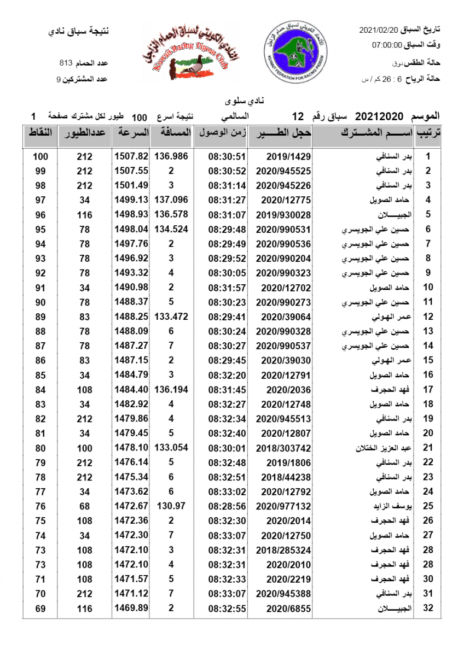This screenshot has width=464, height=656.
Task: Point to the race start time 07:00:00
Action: pos(388,45)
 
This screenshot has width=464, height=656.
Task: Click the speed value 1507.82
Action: pos(131,156)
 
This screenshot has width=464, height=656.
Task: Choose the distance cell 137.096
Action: pos(171,200)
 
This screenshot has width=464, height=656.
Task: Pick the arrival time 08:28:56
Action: pos(227,506)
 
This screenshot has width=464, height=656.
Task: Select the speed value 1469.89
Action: pos(131,608)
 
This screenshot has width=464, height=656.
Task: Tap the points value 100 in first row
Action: pos(40,156)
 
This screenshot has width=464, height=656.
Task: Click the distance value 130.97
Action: pos(171,506)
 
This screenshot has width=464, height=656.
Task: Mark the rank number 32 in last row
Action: pos(428,608)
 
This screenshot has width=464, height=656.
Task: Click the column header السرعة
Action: pos(131,133)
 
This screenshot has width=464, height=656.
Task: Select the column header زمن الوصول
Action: pos(222,133)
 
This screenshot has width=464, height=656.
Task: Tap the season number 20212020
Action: pos(379,116)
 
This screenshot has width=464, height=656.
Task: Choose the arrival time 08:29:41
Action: pos(227,317)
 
